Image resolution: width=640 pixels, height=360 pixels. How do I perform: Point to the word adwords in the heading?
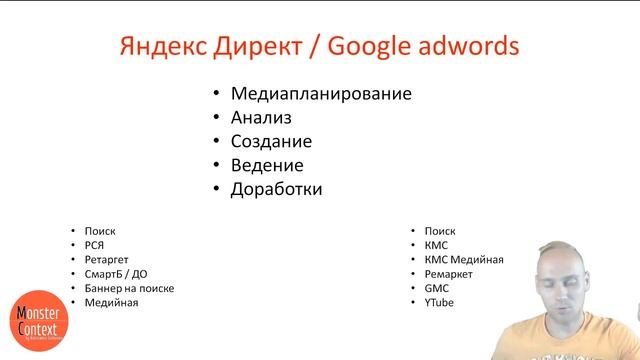pyautogui.click(x=475, y=47)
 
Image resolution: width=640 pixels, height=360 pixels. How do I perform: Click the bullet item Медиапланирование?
pyautogui.click(x=321, y=95)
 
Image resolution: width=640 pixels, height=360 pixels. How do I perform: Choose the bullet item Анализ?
pyautogui.click(x=261, y=118)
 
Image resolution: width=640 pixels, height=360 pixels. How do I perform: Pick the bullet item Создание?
pyautogui.click(x=271, y=142)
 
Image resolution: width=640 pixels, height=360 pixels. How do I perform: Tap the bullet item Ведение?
pyautogui.click(x=266, y=165)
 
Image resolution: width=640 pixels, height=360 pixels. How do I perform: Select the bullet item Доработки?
pyautogui.click(x=276, y=189)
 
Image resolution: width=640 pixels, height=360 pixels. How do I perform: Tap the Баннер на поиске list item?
pyautogui.click(x=129, y=288)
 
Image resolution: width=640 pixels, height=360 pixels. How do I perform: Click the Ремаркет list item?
pyautogui.click(x=448, y=274)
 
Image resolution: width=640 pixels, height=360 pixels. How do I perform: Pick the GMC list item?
pyautogui.click(x=436, y=288)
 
